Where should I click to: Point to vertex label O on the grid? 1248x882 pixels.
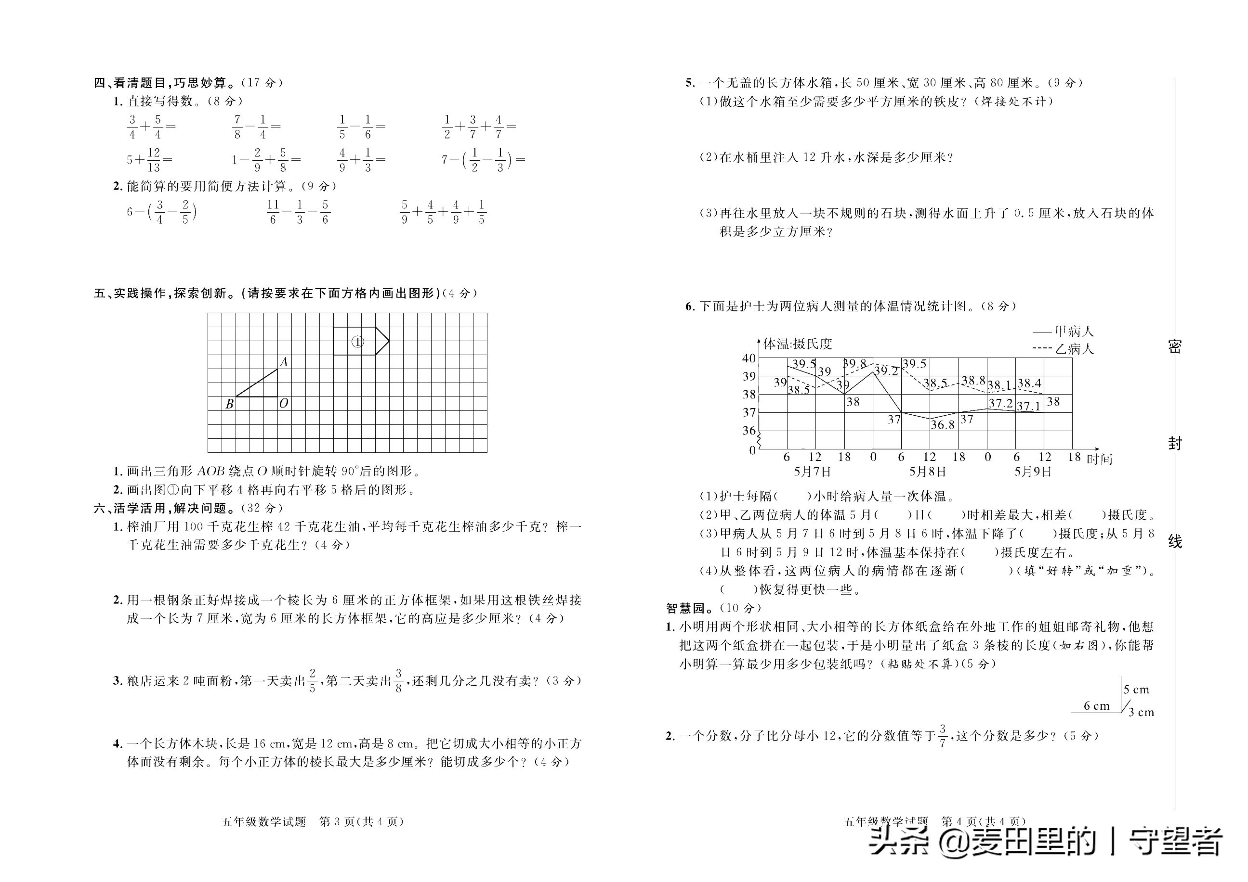click(283, 403)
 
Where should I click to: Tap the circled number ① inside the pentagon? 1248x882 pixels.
click(357, 342)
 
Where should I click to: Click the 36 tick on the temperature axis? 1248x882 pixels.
click(749, 430)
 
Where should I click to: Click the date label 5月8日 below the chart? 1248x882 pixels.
click(927, 471)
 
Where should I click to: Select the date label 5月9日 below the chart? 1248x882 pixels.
click(1033, 471)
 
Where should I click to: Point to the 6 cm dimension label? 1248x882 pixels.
click(1096, 706)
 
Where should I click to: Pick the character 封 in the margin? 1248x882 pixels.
click(1175, 444)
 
